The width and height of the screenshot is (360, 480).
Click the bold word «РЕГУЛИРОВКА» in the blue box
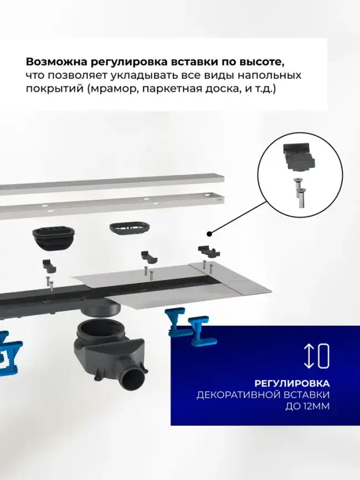[x=292, y=383]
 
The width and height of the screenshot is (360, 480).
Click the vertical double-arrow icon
[x=309, y=356]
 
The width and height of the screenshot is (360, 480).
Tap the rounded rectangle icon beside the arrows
[x=324, y=356]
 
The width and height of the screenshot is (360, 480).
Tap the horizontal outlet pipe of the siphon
[x=133, y=382]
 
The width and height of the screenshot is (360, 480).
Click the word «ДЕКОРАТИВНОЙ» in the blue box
[x=263, y=395]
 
